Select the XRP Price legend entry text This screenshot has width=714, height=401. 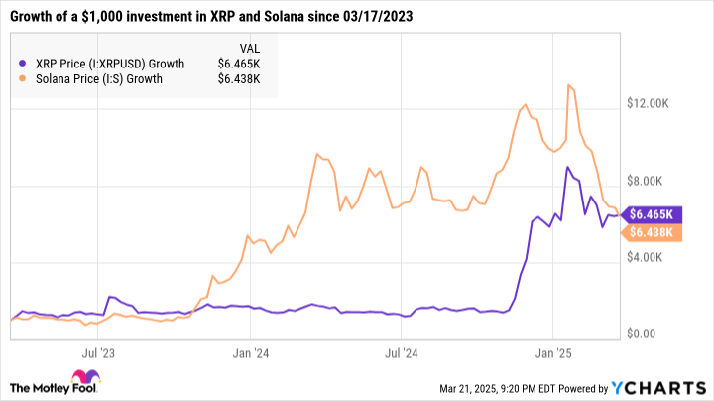pyautogui.click(x=109, y=64)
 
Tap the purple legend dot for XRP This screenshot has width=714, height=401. pyautogui.click(x=24, y=64)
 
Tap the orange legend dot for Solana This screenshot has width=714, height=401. pyautogui.click(x=24, y=79)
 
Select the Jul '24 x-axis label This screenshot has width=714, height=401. pyautogui.click(x=400, y=352)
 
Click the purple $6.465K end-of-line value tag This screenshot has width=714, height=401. pyautogui.click(x=650, y=213)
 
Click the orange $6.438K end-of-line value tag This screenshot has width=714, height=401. pyautogui.click(x=650, y=233)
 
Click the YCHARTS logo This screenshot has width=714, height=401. pyautogui.click(x=663, y=386)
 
